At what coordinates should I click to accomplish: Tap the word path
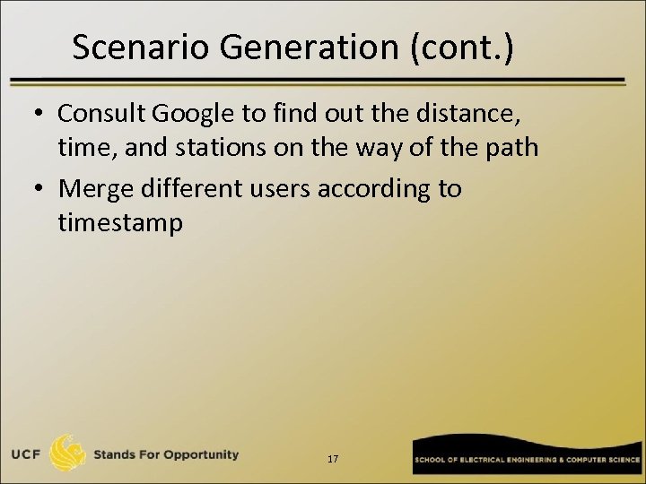[510, 147]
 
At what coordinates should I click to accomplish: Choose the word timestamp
[119, 222]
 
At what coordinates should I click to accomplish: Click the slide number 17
[333, 459]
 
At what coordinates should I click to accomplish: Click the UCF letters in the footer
[26, 454]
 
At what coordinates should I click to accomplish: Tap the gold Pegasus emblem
[68, 454]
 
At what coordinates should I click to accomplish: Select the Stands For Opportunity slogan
[167, 454]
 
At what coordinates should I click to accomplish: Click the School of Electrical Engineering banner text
[526, 460]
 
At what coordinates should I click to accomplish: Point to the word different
[201, 189]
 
